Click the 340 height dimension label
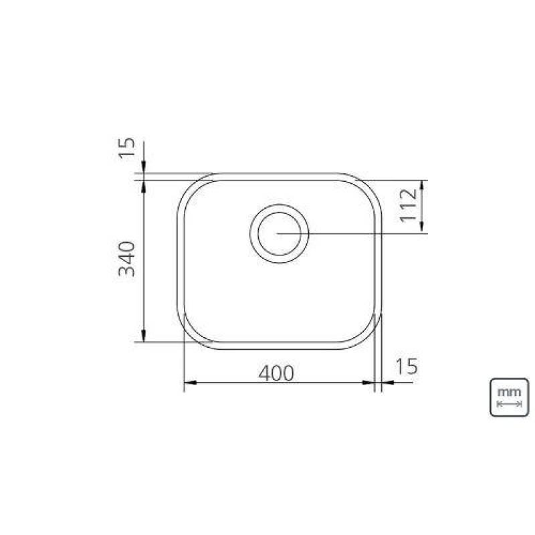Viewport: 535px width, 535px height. (126, 259)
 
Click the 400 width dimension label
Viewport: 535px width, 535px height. (276, 373)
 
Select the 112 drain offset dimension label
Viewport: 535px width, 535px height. (409, 206)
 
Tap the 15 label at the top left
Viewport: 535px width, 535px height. (126, 147)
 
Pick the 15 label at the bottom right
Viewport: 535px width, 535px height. (407, 366)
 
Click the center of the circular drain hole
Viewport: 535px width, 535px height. (279, 233)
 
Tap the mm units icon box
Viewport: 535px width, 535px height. (509, 397)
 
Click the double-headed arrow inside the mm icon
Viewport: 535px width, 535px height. (509, 405)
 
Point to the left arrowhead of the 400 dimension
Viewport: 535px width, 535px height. (191, 383)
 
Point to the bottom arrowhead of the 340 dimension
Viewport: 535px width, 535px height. (144, 336)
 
